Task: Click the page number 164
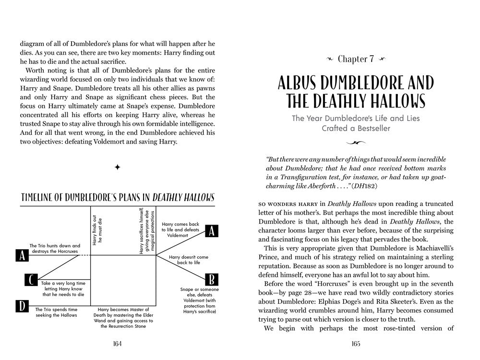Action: pos(117,343)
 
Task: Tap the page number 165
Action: pos(356,343)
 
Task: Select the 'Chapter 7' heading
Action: pos(356,60)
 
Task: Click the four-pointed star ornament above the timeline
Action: pos(118,168)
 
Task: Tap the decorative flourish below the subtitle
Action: pos(356,143)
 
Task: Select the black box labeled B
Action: pos(211,279)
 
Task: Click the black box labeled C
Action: pos(31,280)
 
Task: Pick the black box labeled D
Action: pos(22,306)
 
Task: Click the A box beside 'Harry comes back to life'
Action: pos(211,231)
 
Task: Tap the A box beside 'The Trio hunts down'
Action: pos(22,255)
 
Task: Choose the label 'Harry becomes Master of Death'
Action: pos(123,317)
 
